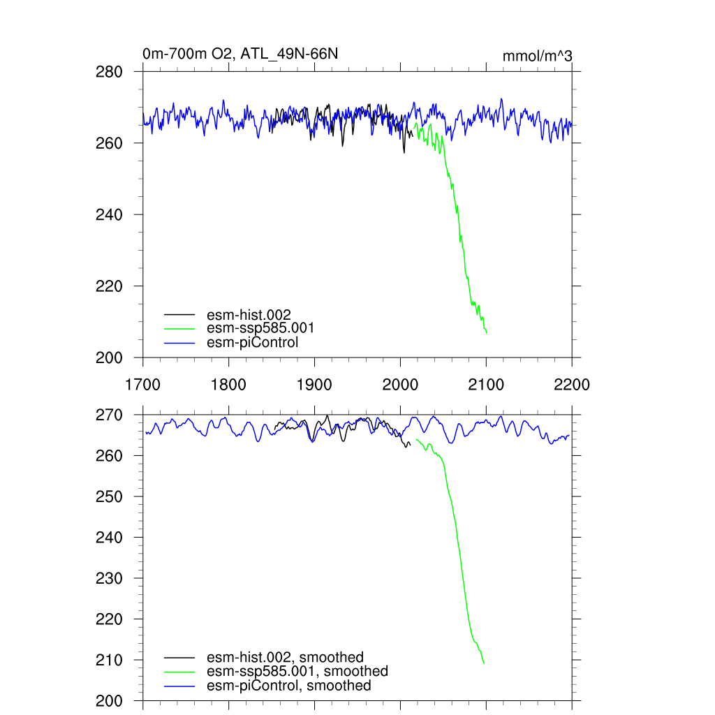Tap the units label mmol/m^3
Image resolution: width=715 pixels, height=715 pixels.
(x=537, y=55)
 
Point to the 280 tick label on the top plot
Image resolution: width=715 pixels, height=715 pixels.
(x=108, y=72)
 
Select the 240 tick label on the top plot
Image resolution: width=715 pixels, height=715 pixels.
(x=108, y=214)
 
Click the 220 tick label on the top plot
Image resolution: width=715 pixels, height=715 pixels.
(x=108, y=286)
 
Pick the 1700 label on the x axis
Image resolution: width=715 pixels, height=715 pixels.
(x=142, y=384)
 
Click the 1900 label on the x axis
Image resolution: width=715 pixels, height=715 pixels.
(x=314, y=384)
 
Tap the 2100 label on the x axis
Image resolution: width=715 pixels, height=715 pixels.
(x=486, y=384)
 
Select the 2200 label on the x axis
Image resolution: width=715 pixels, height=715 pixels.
(x=572, y=384)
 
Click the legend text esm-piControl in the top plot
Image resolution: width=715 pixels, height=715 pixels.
(x=252, y=342)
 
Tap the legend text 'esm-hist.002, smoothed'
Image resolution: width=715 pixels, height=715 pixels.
(x=285, y=657)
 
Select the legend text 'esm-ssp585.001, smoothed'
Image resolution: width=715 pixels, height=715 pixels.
(x=297, y=671)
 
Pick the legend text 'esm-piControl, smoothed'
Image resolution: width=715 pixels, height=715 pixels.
(x=288, y=686)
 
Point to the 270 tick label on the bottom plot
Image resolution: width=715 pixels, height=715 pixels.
(x=108, y=415)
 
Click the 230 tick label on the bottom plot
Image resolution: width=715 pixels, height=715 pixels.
(x=108, y=578)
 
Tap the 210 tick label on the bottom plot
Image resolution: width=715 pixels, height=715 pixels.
(x=108, y=660)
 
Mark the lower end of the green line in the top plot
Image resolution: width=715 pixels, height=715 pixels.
(x=487, y=332)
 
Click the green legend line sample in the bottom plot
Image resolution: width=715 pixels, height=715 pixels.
(x=179, y=672)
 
